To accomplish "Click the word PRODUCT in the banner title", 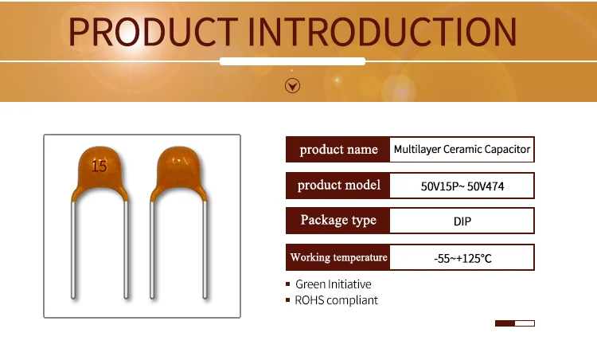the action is coord(154,32).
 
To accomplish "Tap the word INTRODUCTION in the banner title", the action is coord(382,32).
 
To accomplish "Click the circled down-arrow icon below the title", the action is coord(292,86).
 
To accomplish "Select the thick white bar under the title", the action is coord(292,61).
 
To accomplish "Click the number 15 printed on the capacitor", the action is coord(99,166).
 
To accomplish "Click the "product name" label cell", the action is coord(338,149).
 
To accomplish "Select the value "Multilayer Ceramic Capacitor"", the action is coord(462,149).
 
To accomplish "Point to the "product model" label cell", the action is coord(338,185).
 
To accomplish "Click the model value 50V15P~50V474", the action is coord(462,186).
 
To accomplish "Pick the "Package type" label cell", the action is coord(338,220).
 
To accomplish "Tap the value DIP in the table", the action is coord(462,221).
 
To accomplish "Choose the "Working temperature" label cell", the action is coord(338,257).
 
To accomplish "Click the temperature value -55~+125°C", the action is coord(462,259).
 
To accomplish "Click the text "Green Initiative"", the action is coord(334,284).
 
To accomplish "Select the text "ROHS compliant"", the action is coord(337,300).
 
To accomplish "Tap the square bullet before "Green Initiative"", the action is coord(288,284).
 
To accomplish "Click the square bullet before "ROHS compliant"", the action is coord(288,299).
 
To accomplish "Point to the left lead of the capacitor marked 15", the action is coord(73,249).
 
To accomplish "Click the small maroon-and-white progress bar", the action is coord(515,323).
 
